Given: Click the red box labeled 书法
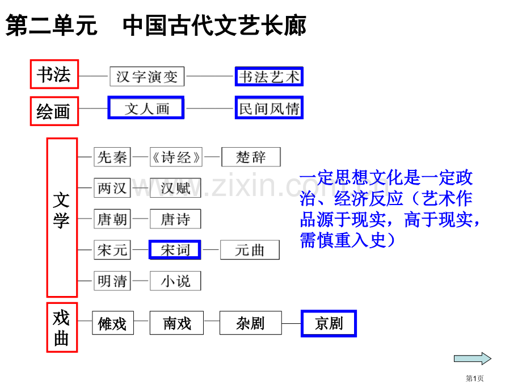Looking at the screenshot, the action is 54,74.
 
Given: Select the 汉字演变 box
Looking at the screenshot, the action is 147,76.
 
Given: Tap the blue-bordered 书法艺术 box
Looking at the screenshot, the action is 269,76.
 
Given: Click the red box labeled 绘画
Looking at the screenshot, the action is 54,111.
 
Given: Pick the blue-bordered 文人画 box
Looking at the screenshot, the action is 146,108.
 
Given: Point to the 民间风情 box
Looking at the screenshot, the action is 269,108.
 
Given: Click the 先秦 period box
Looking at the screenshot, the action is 112,157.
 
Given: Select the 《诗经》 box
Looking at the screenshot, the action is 176,157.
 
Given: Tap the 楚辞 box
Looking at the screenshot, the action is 251,157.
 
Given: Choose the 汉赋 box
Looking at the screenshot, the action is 175,187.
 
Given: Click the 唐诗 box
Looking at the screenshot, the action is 175,219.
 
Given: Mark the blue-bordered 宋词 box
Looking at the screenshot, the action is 175,249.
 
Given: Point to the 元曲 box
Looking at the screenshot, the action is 250,249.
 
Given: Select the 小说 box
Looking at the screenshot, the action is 175,281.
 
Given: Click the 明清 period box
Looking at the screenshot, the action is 112,281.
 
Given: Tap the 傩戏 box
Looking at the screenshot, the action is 113,323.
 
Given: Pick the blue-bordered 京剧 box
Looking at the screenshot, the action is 329,323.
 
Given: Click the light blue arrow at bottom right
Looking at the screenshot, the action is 473,358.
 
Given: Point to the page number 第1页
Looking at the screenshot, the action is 474,378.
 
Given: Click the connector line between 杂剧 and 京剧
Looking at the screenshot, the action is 291,323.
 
